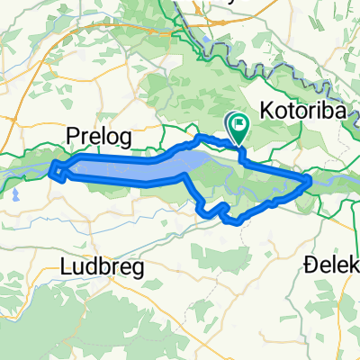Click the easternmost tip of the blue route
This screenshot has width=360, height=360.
coord(310,180)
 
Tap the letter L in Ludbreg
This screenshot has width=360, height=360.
coord(64,267)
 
